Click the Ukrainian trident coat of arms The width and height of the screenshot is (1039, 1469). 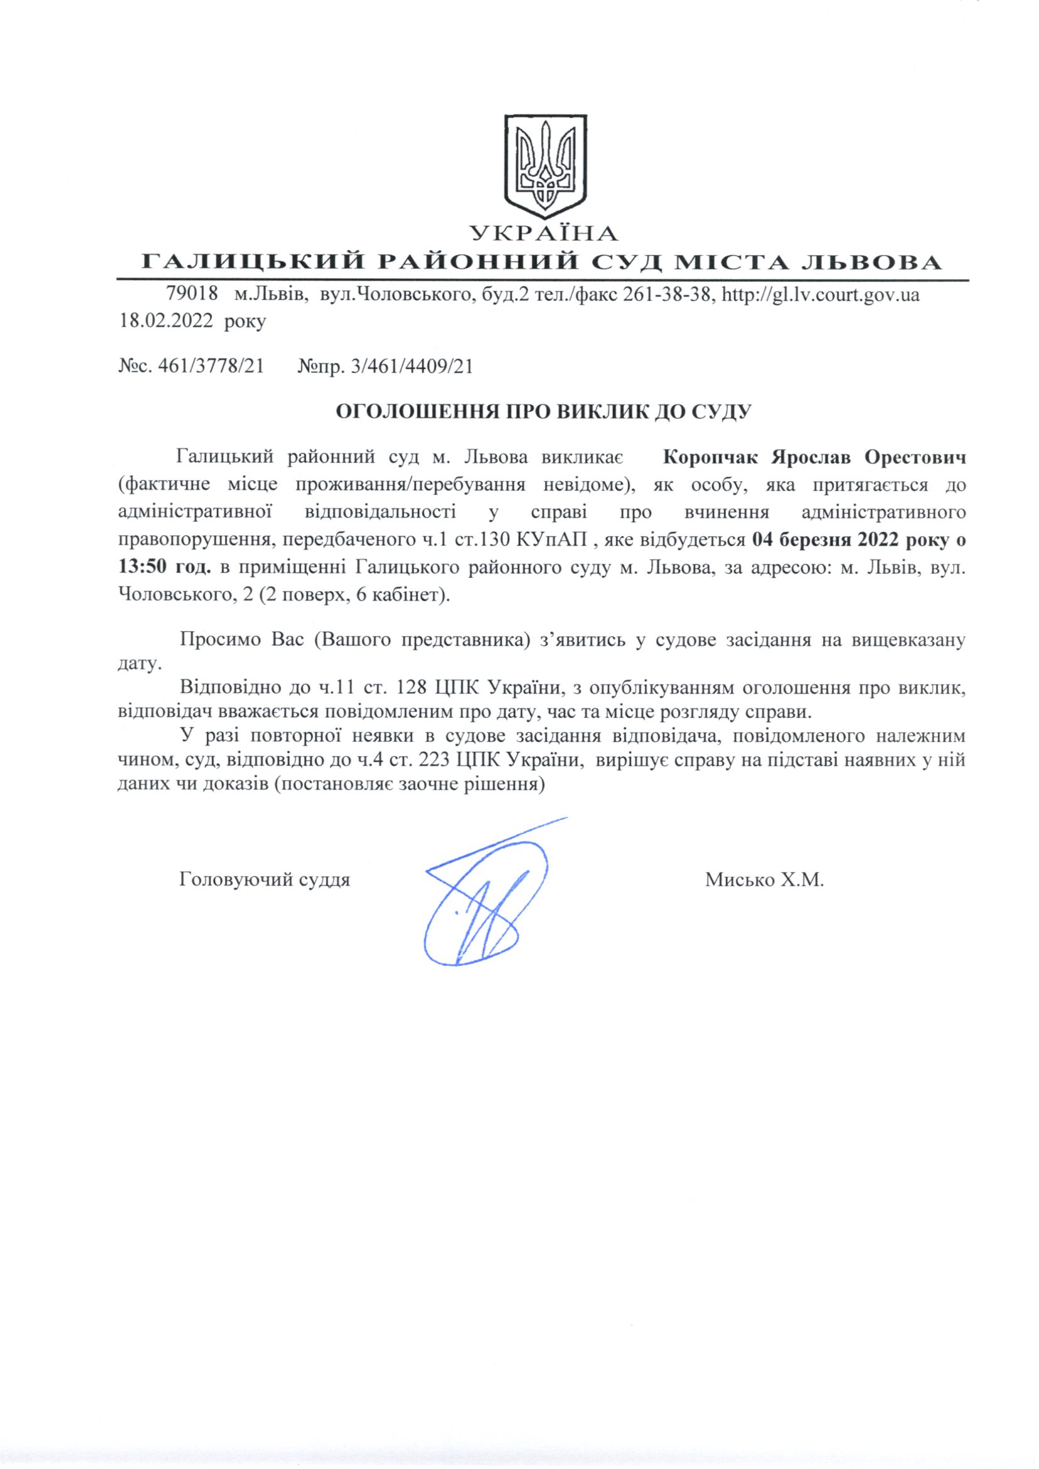pos(544,166)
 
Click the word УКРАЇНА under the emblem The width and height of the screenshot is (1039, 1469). pos(544,234)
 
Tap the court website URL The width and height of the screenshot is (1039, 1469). pos(821,295)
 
